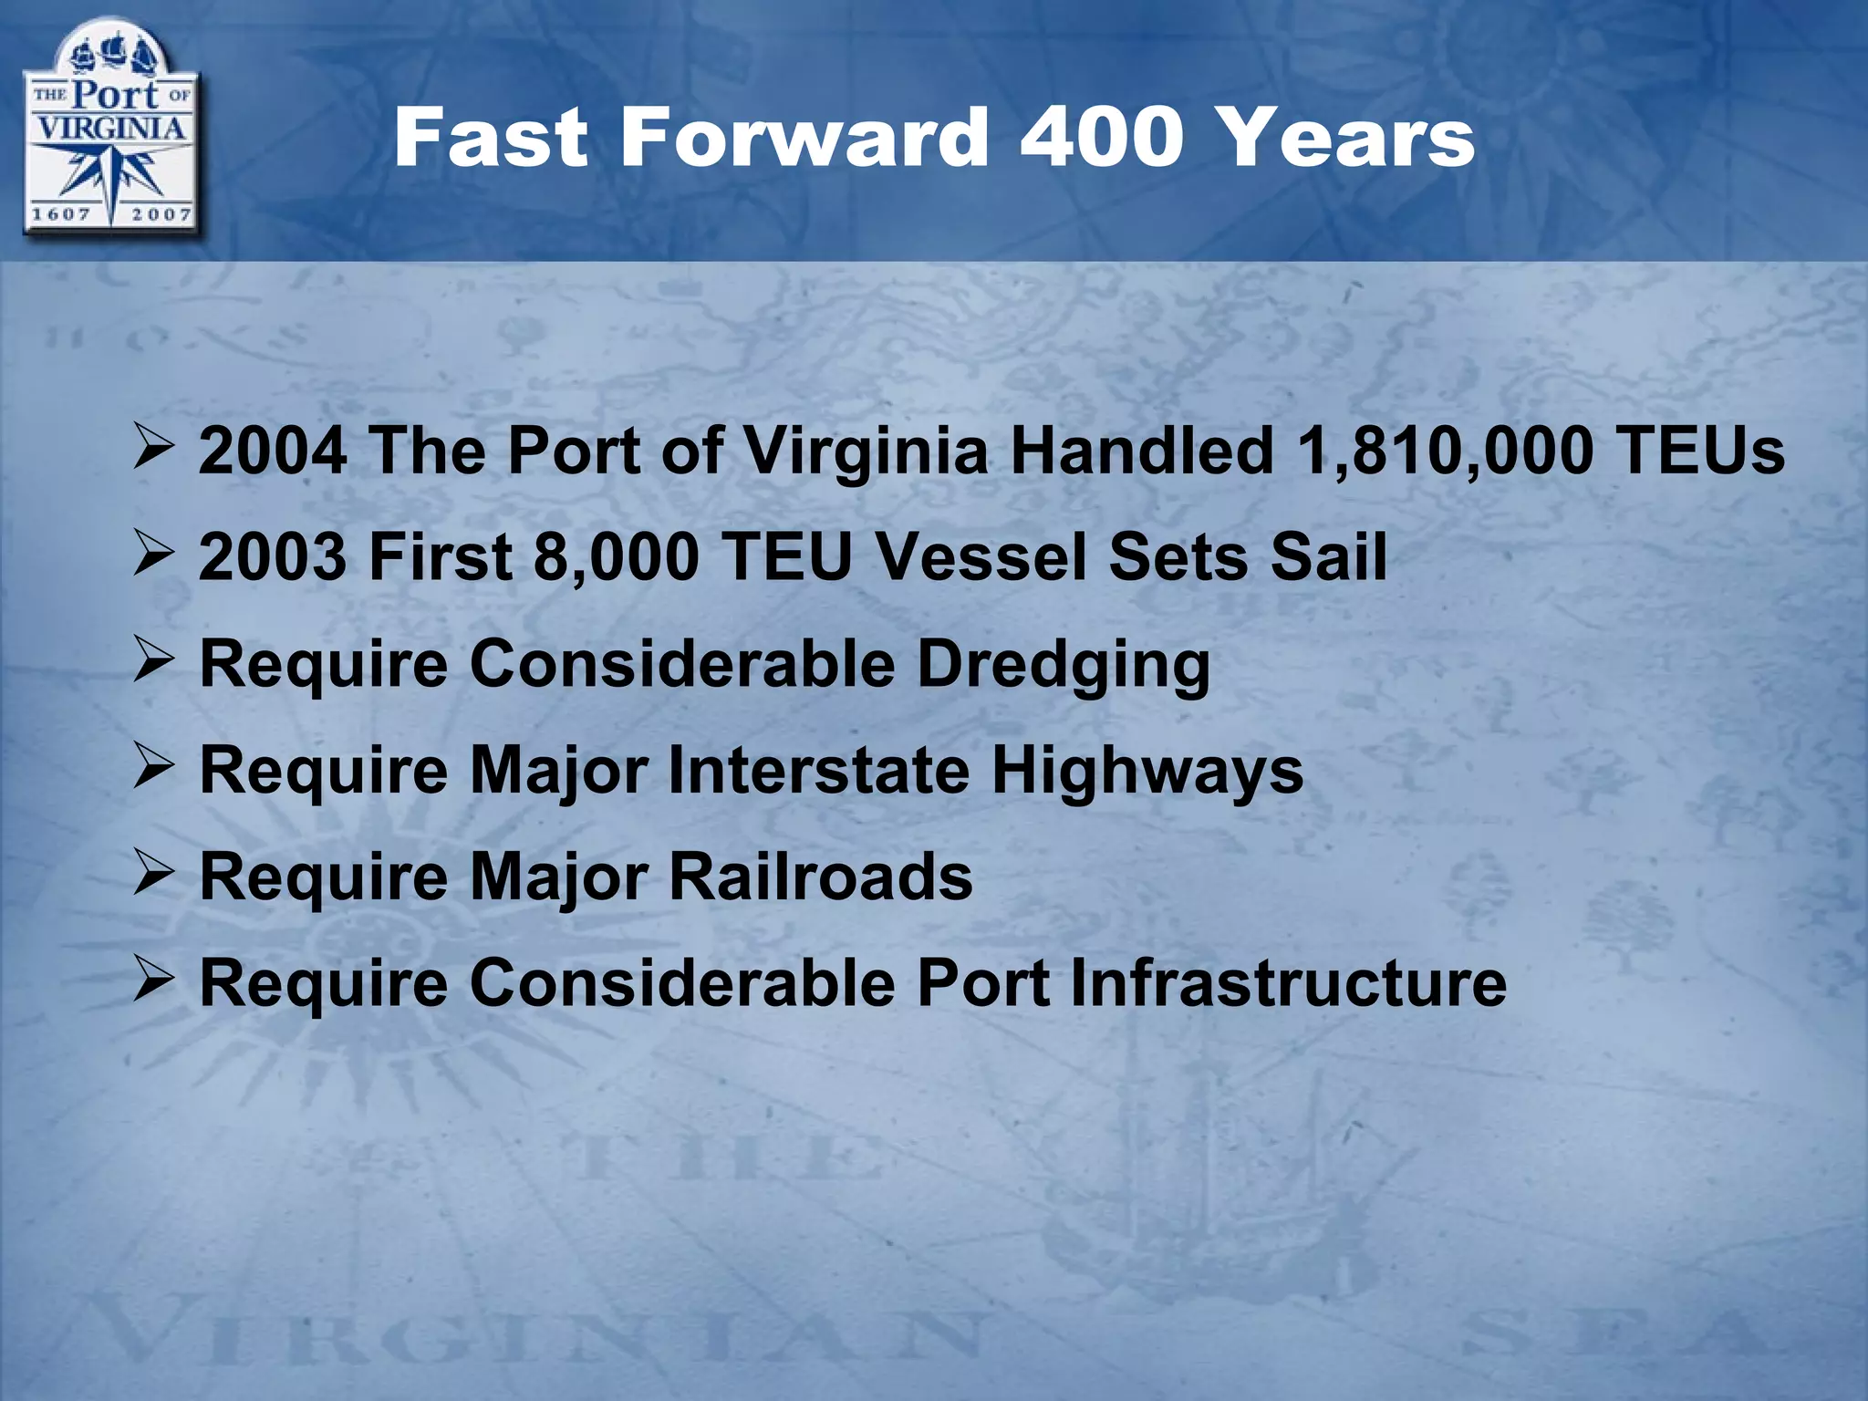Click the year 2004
click(x=273, y=451)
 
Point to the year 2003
click(x=273, y=556)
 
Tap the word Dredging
click(x=1064, y=664)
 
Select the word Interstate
click(x=819, y=771)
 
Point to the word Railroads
click(x=821, y=877)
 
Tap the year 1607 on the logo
click(x=61, y=215)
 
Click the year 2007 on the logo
click(x=161, y=215)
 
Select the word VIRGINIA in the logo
click(x=110, y=128)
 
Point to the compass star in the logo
click(x=110, y=175)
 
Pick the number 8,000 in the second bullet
click(x=616, y=556)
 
